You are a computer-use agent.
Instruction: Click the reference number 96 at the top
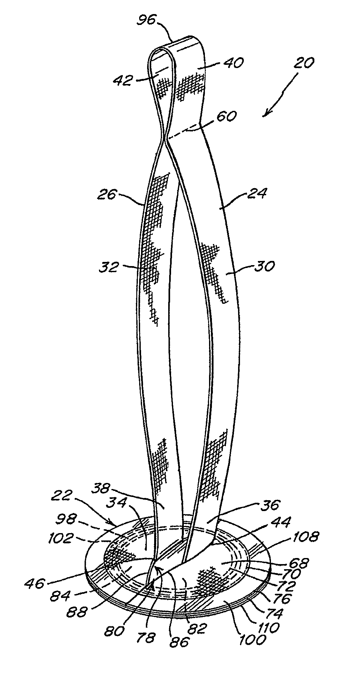(146, 21)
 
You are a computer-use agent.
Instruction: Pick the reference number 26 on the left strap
(107, 194)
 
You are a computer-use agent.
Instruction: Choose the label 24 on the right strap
(257, 194)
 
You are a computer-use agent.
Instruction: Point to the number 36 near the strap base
(270, 505)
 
